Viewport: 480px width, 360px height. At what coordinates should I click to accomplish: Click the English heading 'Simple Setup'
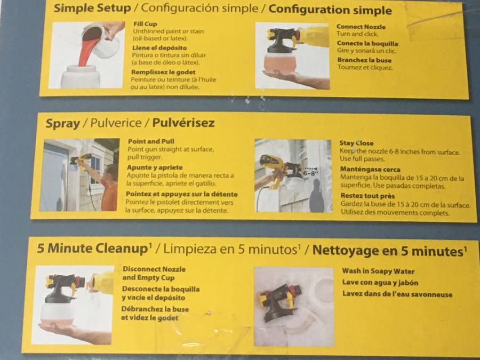pyautogui.click(x=92, y=8)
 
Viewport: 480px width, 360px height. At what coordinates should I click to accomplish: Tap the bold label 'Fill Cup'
pyautogui.click(x=145, y=24)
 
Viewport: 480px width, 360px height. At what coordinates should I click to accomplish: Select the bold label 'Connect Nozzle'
pyautogui.click(x=361, y=27)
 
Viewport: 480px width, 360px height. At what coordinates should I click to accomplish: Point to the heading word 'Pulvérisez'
pyautogui.click(x=183, y=123)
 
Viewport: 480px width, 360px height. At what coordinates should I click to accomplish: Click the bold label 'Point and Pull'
pyautogui.click(x=151, y=141)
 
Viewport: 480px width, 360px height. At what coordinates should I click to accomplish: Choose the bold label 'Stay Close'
pyautogui.click(x=356, y=143)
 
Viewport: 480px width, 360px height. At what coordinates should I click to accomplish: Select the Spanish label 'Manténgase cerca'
pyautogui.click(x=370, y=169)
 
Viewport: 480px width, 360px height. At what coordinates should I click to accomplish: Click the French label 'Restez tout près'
pyautogui.click(x=367, y=196)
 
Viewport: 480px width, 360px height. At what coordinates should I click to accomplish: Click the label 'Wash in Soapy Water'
pyautogui.click(x=378, y=271)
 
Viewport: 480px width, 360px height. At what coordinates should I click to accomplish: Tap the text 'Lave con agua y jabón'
pyautogui.click(x=380, y=282)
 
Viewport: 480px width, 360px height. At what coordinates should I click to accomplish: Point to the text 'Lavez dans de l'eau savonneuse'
pyautogui.click(x=397, y=294)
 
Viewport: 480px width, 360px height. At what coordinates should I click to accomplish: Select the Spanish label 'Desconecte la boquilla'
pyautogui.click(x=161, y=289)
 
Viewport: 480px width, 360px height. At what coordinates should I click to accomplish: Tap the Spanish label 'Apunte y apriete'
pyautogui.click(x=155, y=167)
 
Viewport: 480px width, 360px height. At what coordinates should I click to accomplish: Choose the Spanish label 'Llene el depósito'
pyautogui.click(x=159, y=48)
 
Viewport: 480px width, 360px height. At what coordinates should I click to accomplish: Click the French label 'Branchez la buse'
pyautogui.click(x=364, y=60)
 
